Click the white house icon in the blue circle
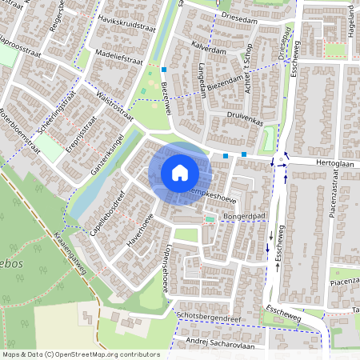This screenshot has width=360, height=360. (x=179, y=173)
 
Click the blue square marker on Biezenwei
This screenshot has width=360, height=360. (x=162, y=69)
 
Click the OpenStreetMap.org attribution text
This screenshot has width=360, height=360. (x=106, y=354)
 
